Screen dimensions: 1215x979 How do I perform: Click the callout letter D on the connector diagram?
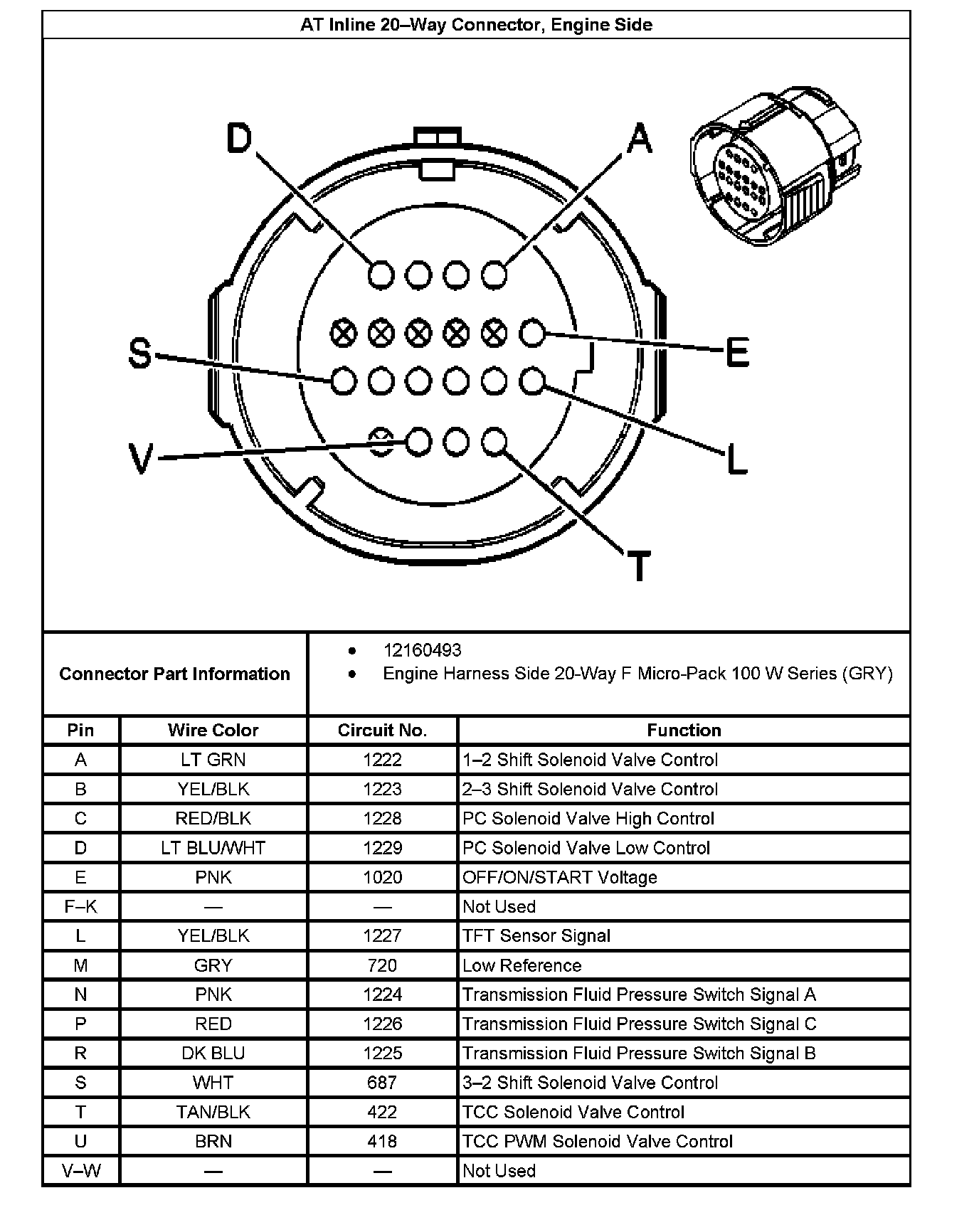[240, 139]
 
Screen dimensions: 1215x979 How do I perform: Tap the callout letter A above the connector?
[639, 138]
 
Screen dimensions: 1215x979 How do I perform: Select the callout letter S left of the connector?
[140, 353]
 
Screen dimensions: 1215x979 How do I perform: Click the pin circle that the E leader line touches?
[531, 332]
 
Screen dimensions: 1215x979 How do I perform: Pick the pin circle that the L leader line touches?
[531, 381]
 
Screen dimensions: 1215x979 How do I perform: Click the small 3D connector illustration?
[776, 167]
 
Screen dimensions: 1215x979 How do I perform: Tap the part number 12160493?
[422, 650]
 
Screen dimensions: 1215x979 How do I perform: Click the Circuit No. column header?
[382, 730]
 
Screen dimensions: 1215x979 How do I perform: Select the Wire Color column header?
[213, 730]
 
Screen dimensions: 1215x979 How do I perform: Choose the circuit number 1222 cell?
[382, 760]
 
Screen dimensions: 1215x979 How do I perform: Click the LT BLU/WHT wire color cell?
[213, 848]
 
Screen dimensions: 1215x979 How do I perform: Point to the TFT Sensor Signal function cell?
[536, 935]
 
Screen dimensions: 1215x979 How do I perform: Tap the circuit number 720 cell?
[382, 965]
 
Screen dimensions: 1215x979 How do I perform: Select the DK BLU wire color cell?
[213, 1053]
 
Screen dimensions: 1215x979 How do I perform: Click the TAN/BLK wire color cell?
[213, 1112]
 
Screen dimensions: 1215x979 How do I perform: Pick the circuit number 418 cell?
[382, 1141]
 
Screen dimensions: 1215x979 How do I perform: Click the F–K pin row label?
[80, 906]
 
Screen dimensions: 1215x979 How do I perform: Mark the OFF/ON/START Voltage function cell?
[560, 877]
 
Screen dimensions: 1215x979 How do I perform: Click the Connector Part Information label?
[174, 674]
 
